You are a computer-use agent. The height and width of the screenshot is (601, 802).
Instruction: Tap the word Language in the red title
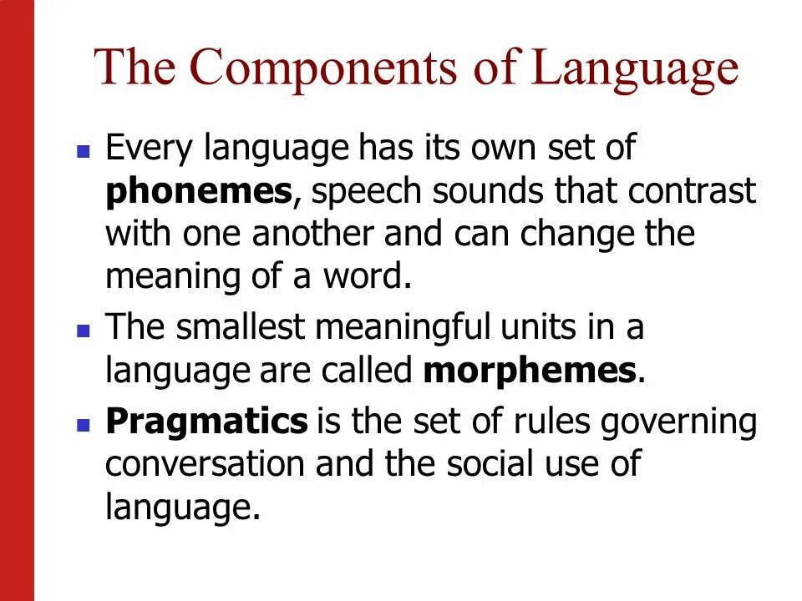[636, 68]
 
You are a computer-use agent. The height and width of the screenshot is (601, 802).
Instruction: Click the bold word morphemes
[530, 371]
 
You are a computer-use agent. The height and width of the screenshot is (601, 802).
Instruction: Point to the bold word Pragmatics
[206, 422]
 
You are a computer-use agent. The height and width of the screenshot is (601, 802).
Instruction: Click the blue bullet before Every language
[83, 153]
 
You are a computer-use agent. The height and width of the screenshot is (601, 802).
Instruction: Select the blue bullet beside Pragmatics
[83, 424]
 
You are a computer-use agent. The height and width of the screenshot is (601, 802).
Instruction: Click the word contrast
[692, 191]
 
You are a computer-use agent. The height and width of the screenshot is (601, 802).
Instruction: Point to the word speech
[363, 193]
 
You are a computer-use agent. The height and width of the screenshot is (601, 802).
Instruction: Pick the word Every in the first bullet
[147, 150]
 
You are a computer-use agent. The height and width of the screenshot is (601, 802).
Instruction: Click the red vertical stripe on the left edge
[17, 300]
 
